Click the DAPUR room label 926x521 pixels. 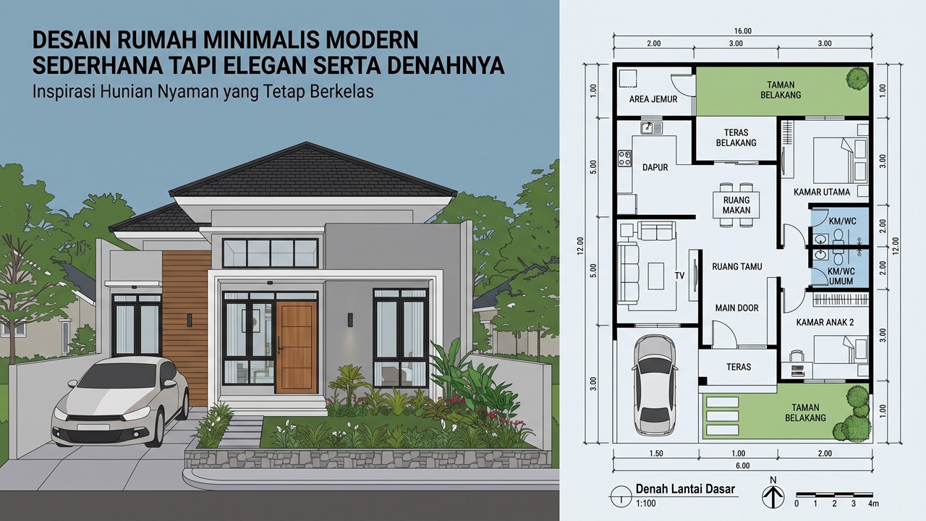(655, 167)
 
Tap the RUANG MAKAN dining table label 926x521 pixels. (736, 205)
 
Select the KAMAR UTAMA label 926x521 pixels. (822, 192)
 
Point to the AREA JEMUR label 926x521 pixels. (653, 99)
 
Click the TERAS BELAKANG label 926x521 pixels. (736, 137)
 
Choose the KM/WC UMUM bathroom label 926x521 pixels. (841, 276)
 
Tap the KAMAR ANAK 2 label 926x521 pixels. (825, 322)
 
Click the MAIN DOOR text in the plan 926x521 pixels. (737, 308)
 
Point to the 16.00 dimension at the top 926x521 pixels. (743, 31)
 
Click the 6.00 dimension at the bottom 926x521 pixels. (743, 465)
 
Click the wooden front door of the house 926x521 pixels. (296, 347)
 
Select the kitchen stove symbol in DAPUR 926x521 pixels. (624, 158)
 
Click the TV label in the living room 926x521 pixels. (679, 276)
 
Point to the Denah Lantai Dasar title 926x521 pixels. (685, 489)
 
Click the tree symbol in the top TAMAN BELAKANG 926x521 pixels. (857, 78)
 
